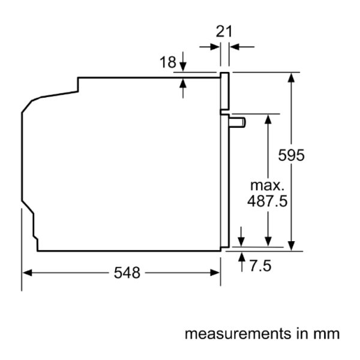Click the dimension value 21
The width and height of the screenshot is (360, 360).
(224, 31)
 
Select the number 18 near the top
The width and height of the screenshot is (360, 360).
(168, 62)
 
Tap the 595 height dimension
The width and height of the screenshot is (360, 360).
(291, 155)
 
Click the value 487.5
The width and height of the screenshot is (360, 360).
(267, 202)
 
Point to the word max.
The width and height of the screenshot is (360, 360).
(267, 185)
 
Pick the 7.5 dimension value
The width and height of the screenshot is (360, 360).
(260, 266)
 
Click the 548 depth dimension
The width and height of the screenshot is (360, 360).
(127, 273)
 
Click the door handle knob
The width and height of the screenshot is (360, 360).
(237, 122)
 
